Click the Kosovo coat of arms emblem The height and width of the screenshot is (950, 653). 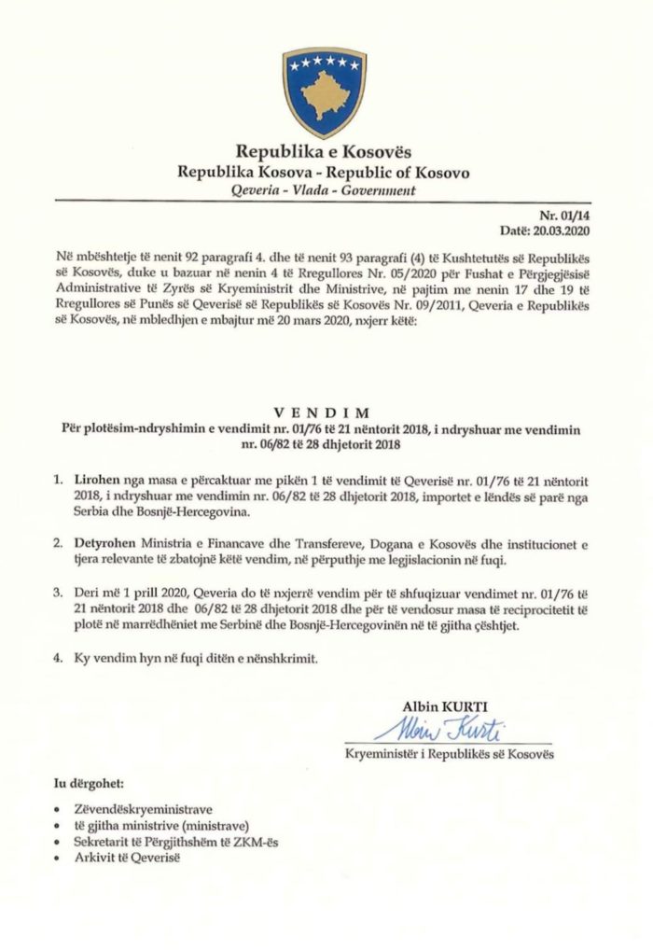pos(324,89)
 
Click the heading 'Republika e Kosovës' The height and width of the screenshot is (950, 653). pos(324,151)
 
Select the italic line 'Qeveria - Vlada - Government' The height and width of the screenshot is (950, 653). pos(324,190)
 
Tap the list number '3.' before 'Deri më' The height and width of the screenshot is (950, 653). pos(59,592)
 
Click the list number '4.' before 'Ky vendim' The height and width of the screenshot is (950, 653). pos(59,658)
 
